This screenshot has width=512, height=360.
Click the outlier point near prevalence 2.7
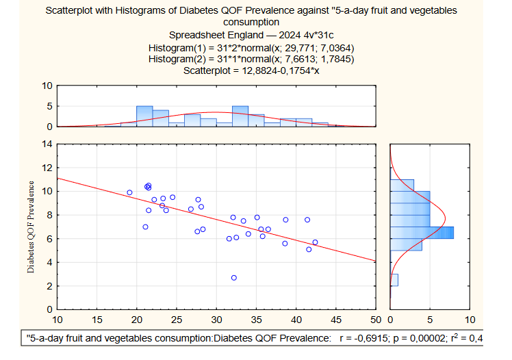pyautogui.click(x=234, y=278)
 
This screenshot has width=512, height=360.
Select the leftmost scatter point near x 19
pyautogui.click(x=129, y=193)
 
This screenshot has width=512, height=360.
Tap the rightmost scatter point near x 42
pyautogui.click(x=315, y=242)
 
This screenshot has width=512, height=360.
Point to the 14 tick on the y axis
pyautogui.click(x=47, y=144)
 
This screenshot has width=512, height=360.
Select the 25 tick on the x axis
pyautogui.click(x=177, y=320)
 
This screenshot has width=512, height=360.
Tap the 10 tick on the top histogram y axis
pyautogui.click(x=47, y=86)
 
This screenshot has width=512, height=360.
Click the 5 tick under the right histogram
pyautogui.click(x=430, y=320)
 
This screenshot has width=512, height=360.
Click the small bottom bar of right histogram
pyautogui.click(x=394, y=280)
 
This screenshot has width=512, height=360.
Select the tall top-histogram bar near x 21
pyautogui.click(x=144, y=116)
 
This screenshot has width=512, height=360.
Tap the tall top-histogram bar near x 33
pyautogui.click(x=240, y=116)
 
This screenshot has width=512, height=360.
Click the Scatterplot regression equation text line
pyautogui.click(x=251, y=70)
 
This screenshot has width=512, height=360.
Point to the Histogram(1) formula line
pyautogui.click(x=251, y=47)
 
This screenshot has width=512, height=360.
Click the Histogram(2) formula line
pyautogui.click(x=251, y=59)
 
